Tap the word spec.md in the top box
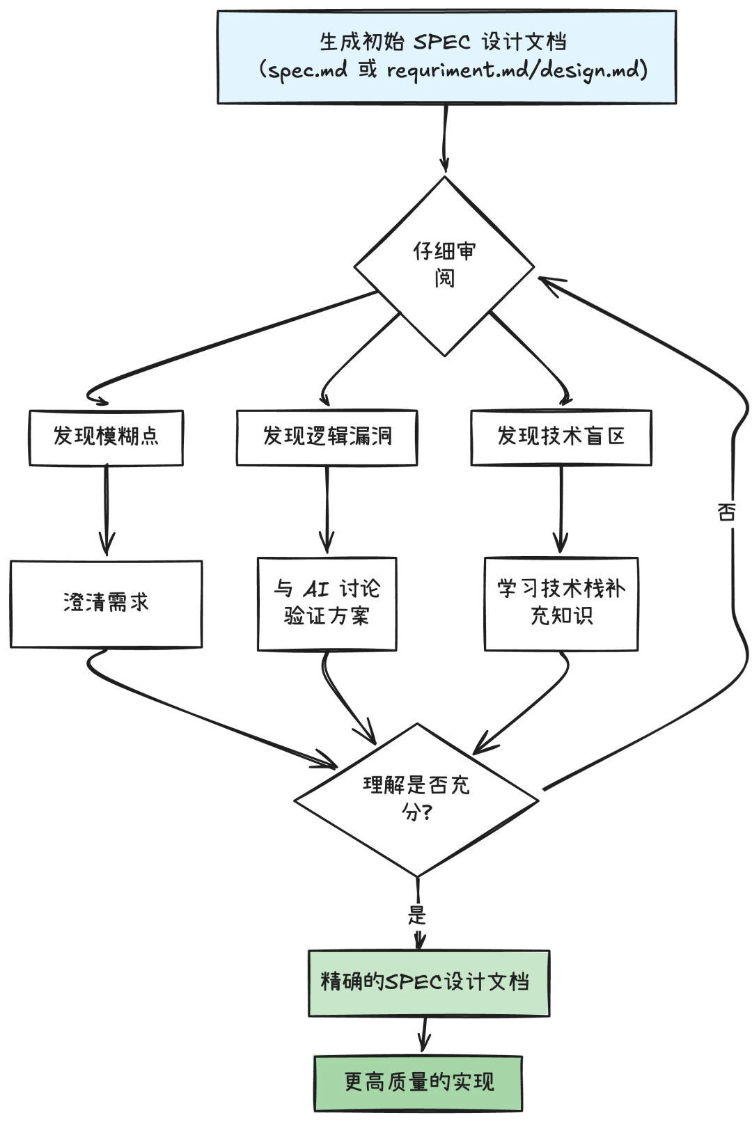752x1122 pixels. pyautogui.click(x=307, y=70)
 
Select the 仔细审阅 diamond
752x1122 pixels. pyautogui.click(x=444, y=266)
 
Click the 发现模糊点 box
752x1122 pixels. pyautogui.click(x=106, y=437)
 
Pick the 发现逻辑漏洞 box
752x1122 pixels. pyautogui.click(x=327, y=437)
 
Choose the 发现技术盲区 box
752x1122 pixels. pyautogui.click(x=561, y=437)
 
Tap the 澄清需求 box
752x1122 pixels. pyautogui.click(x=106, y=603)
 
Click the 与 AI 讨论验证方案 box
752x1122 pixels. pyautogui.click(x=327, y=603)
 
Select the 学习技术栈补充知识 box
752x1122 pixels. pyautogui.click(x=561, y=603)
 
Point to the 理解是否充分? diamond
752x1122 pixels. pyautogui.click(x=416, y=799)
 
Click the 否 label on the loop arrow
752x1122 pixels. pyautogui.click(x=726, y=513)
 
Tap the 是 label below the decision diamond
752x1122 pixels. pyautogui.click(x=416, y=914)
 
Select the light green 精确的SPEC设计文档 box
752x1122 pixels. pyautogui.click(x=428, y=982)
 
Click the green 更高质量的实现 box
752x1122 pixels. pyautogui.click(x=418, y=1082)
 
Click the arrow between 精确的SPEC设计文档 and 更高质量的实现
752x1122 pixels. pyautogui.click(x=423, y=1035)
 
